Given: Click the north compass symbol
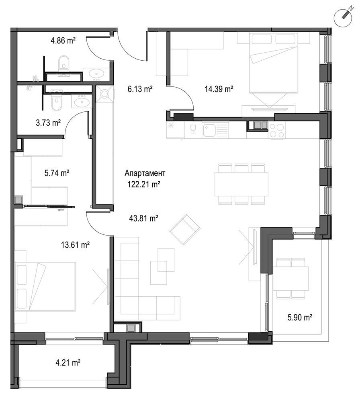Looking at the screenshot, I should (x=344, y=16).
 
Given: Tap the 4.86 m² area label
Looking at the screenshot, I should (x=63, y=40).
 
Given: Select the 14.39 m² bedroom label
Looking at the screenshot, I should (x=219, y=89).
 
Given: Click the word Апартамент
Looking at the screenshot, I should (x=145, y=174).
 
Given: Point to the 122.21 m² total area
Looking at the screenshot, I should (x=145, y=185).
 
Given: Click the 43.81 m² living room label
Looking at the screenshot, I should (x=143, y=218).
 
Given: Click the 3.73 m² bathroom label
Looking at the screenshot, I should (x=47, y=123).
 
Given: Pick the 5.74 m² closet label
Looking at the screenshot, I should (x=56, y=173).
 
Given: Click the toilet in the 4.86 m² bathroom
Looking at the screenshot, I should (x=63, y=64).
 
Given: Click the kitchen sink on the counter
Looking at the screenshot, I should (x=210, y=130).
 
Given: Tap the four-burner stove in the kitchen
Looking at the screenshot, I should (x=276, y=130).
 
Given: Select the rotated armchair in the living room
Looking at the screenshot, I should (x=185, y=230).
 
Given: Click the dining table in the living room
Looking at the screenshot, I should (x=241, y=184).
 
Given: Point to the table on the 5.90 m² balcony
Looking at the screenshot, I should (x=291, y=278).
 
